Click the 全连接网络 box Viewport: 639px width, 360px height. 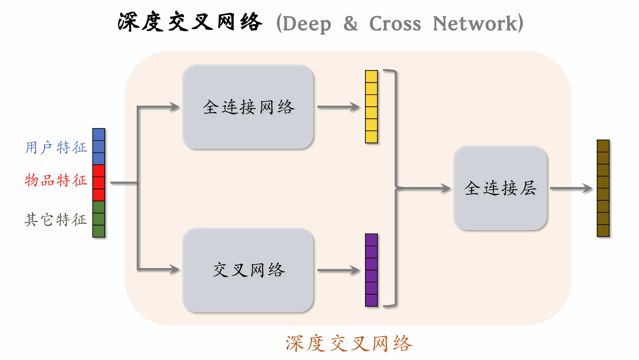pos(248,107)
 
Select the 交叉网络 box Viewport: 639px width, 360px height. pos(248,270)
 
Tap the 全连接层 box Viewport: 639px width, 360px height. pos(500,188)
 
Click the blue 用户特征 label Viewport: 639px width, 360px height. pos(56,148)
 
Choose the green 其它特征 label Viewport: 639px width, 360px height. pos(56,220)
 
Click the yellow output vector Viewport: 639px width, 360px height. pos(371,107)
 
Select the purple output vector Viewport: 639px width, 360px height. pos(371,270)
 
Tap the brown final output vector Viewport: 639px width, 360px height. pos(603,188)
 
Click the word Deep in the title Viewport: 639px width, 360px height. pos(306,24)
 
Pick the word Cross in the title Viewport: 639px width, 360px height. pos(395,24)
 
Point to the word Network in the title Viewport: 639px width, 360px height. pos(475,24)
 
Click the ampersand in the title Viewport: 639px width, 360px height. pos(351,24)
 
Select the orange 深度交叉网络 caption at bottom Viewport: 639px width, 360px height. pos(349,344)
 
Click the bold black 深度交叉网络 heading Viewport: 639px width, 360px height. pos(190,22)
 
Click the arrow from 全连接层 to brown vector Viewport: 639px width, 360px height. pos(570,188)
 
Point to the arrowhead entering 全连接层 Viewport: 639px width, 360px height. pos(446,188)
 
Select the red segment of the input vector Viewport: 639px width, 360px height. pos(99,183)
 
